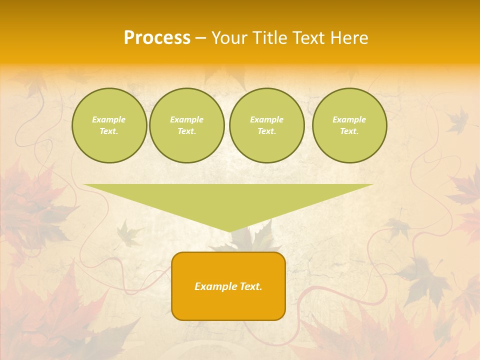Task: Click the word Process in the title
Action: pyautogui.click(x=157, y=38)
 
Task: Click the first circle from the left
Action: pyautogui.click(x=109, y=125)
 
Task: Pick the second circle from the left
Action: pyautogui.click(x=187, y=125)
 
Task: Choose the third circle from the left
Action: pyautogui.click(x=266, y=125)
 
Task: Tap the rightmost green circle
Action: pyautogui.click(x=349, y=125)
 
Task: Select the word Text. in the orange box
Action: pyautogui.click(x=249, y=286)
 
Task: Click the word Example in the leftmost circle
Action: pyautogui.click(x=109, y=119)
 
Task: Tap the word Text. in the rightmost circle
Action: pyautogui.click(x=349, y=131)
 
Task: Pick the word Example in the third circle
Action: pyautogui.click(x=266, y=119)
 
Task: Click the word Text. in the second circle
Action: pyautogui.click(x=187, y=131)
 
